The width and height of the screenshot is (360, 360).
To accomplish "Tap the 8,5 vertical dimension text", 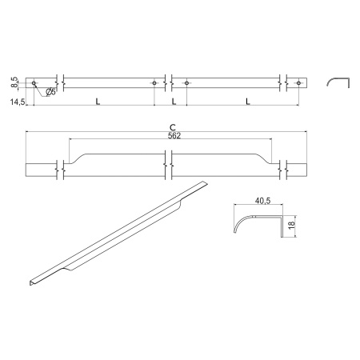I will (15, 82).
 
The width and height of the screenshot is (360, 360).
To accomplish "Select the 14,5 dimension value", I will (16, 102).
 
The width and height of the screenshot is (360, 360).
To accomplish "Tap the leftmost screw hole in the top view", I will (34, 82).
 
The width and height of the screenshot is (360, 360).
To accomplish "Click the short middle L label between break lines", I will (174, 102).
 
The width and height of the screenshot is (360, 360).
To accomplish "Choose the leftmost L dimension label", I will (97, 102).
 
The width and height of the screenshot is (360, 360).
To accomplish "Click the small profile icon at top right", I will (336, 82).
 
